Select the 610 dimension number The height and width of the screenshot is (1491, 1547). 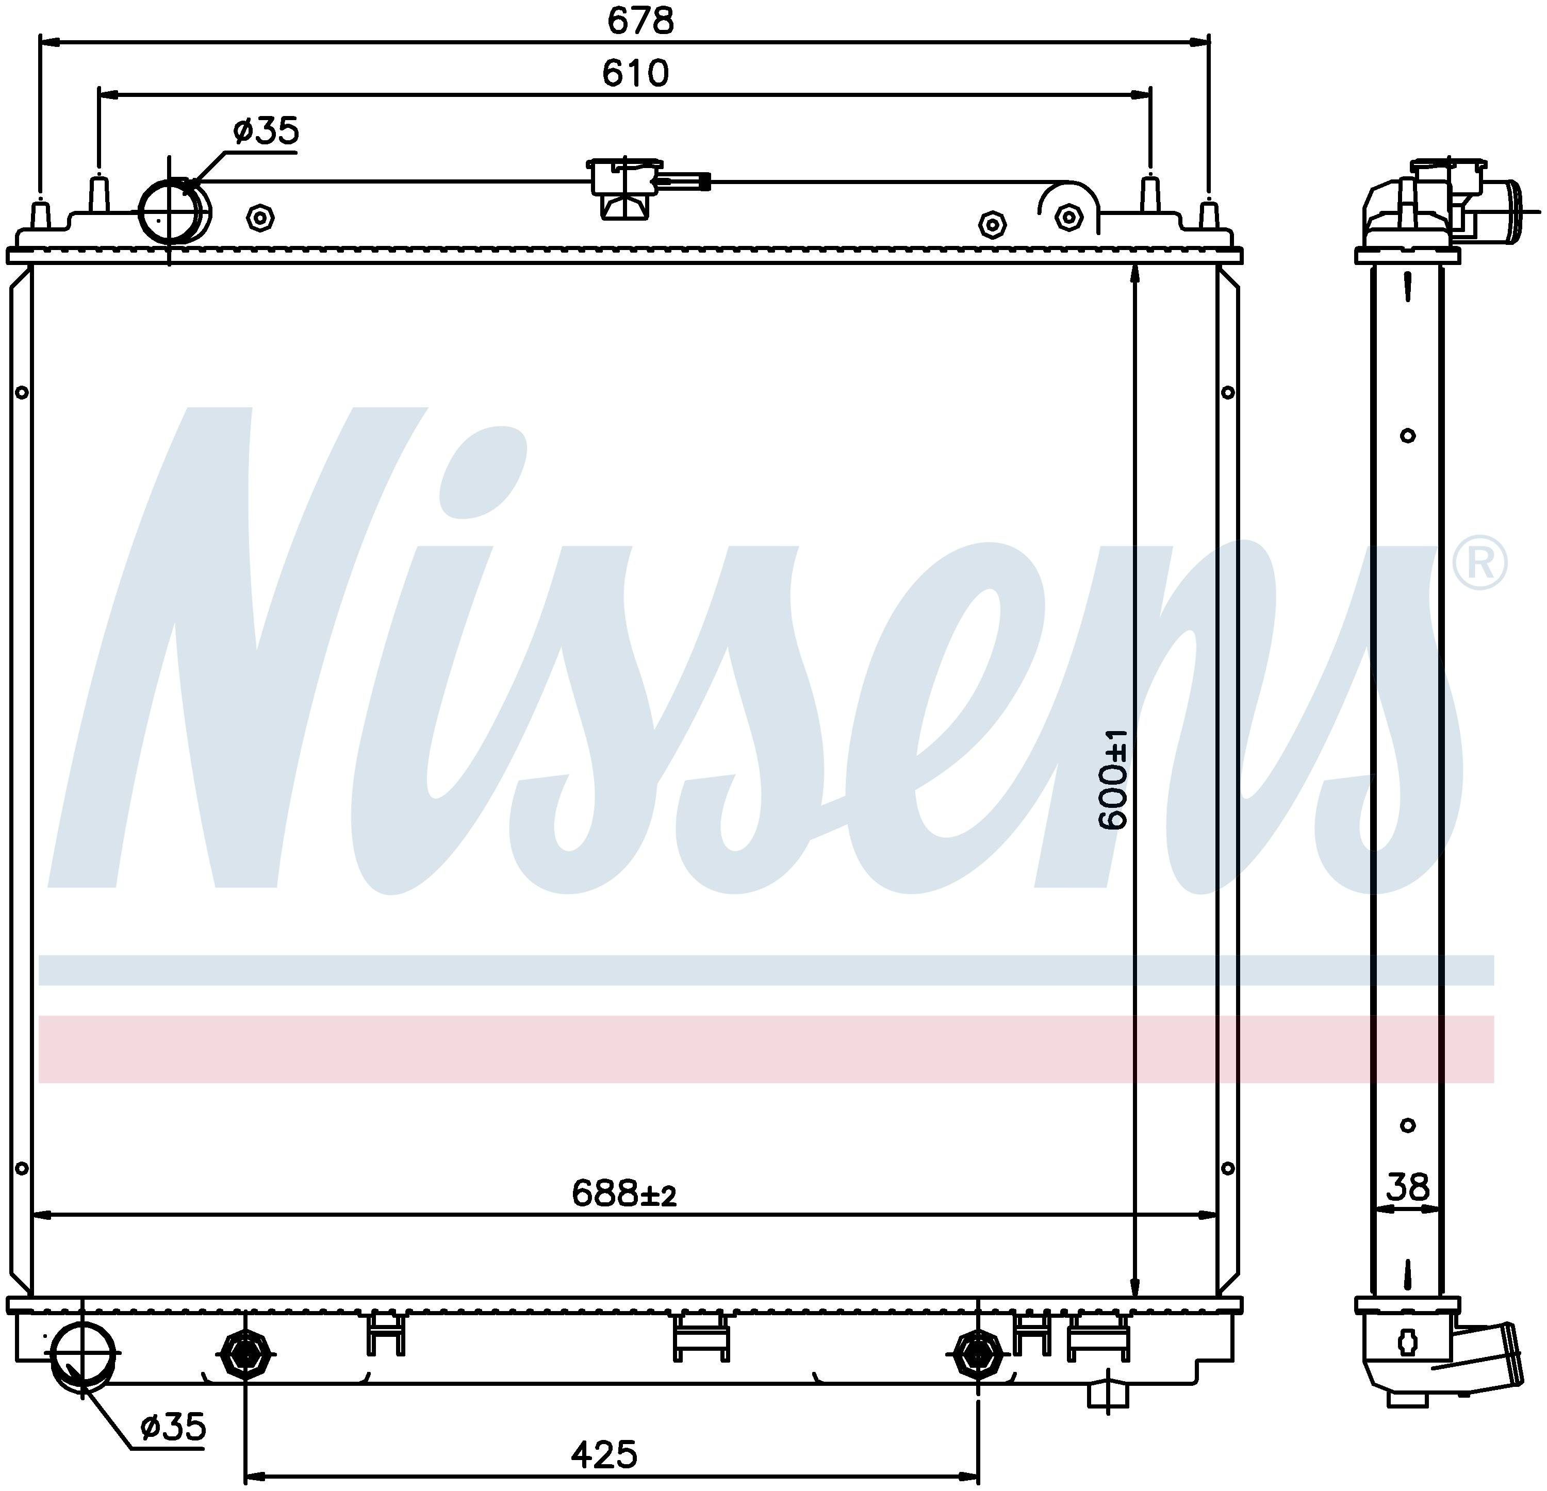tap(635, 73)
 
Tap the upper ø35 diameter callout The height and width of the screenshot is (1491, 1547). tap(266, 130)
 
